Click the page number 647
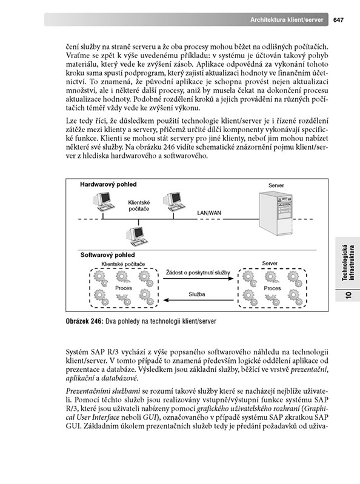(x=338, y=20)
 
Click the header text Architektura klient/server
(x=287, y=20)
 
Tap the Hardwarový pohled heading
(x=108, y=184)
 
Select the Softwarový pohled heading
(x=107, y=254)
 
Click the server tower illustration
(x=275, y=213)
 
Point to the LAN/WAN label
(x=209, y=213)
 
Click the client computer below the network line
(x=136, y=236)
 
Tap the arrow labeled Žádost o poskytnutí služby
(x=198, y=279)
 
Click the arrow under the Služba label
(x=199, y=300)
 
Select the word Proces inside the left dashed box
(x=124, y=288)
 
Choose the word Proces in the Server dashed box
(x=272, y=288)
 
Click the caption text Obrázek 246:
(x=84, y=321)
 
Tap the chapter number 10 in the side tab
(x=348, y=295)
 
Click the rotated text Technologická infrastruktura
(x=348, y=263)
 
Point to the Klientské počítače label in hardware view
(x=139, y=205)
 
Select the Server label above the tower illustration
(x=276, y=185)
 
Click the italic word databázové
(x=119, y=378)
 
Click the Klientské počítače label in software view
(x=123, y=264)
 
